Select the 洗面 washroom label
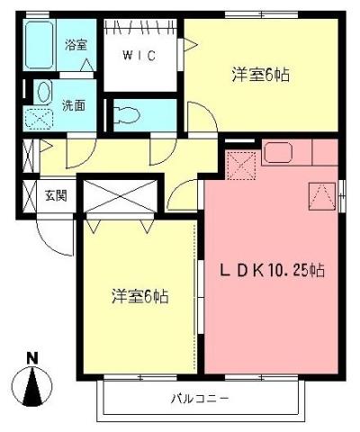74,104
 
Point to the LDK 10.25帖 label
274,269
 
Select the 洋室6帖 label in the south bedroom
141,295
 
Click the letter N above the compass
32,358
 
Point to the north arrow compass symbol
33,387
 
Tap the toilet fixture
126,113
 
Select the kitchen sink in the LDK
276,152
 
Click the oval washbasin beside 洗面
40,93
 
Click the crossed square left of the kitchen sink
241,164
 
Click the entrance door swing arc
52,234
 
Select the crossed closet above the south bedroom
120,198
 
